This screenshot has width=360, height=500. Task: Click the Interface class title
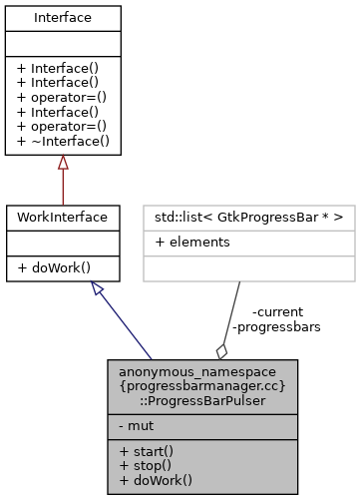coord(62,17)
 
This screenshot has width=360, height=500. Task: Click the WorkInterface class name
coord(62,217)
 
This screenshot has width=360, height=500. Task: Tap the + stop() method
coord(139,464)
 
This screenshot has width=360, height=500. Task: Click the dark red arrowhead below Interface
coord(62,163)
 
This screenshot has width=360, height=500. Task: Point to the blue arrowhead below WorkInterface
coord(97,287)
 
